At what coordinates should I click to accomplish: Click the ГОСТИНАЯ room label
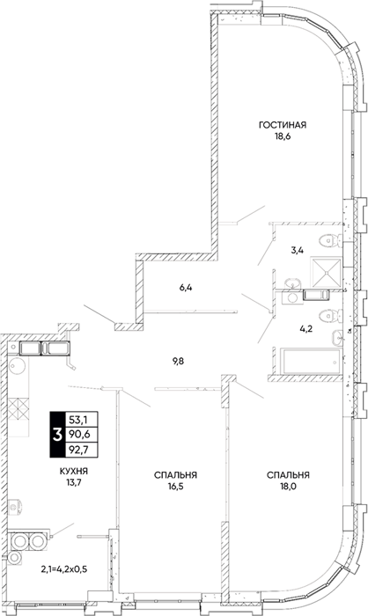[x=283, y=125]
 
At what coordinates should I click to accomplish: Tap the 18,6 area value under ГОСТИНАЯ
[x=283, y=137]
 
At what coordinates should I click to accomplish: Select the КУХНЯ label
[x=74, y=471]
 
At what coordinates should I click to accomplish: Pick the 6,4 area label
[x=186, y=287]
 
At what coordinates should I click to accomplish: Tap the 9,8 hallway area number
[x=178, y=362]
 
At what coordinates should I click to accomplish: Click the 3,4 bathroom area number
[x=297, y=249]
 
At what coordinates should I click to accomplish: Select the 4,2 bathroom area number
[x=305, y=329]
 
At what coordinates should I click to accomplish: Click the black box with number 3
[x=57, y=435]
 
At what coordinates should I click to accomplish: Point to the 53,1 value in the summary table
[x=77, y=420]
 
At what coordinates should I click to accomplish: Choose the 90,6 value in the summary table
[x=77, y=435]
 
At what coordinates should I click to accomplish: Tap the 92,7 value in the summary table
[x=77, y=450]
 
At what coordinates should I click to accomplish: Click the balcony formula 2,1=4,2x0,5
[x=64, y=568]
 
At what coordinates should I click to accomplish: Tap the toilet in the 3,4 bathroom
[x=330, y=241]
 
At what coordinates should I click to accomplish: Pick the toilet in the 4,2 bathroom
[x=330, y=315]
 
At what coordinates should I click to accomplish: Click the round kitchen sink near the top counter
[x=18, y=367]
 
